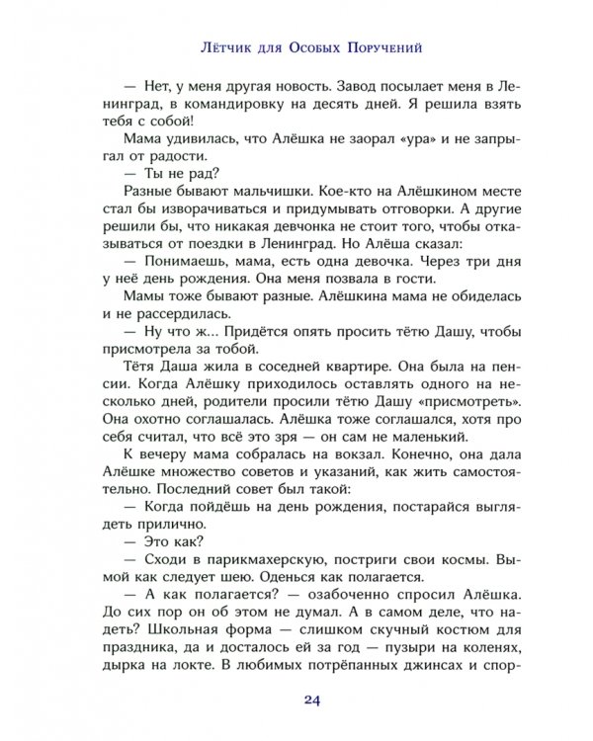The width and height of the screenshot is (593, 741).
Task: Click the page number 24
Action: (x=296, y=703)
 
